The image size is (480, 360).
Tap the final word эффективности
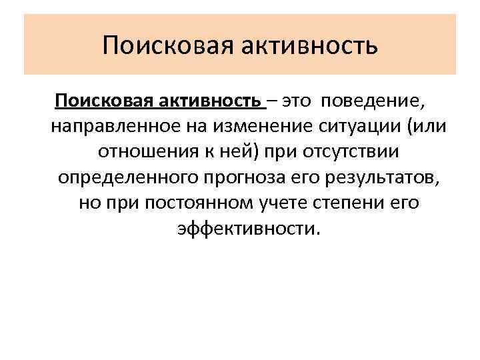[249, 229]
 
